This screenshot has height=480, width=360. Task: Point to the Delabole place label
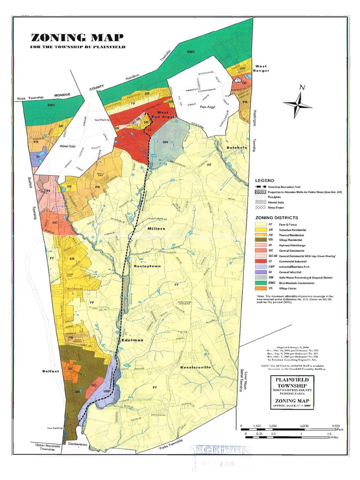point(236,148)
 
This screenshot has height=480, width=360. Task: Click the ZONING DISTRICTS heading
point(276,218)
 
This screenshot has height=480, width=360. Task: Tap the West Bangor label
point(261,69)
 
